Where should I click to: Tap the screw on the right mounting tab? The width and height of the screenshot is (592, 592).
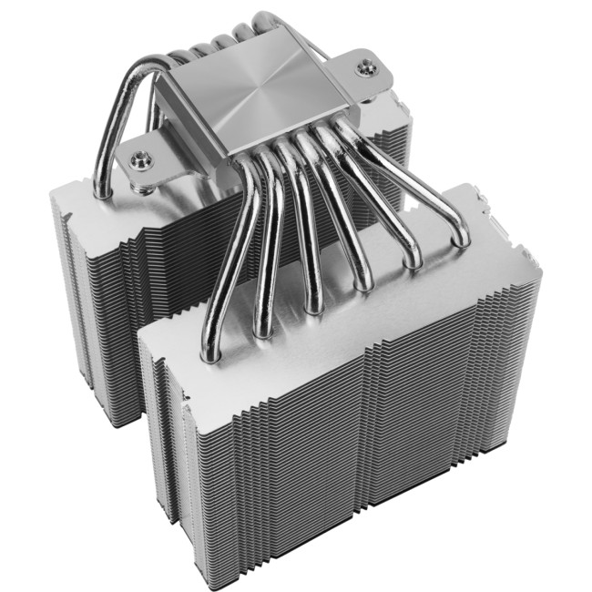(367, 66)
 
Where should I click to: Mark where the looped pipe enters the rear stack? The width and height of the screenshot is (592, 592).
(102, 191)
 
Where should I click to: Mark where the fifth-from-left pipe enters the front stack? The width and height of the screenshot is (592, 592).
(413, 261)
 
